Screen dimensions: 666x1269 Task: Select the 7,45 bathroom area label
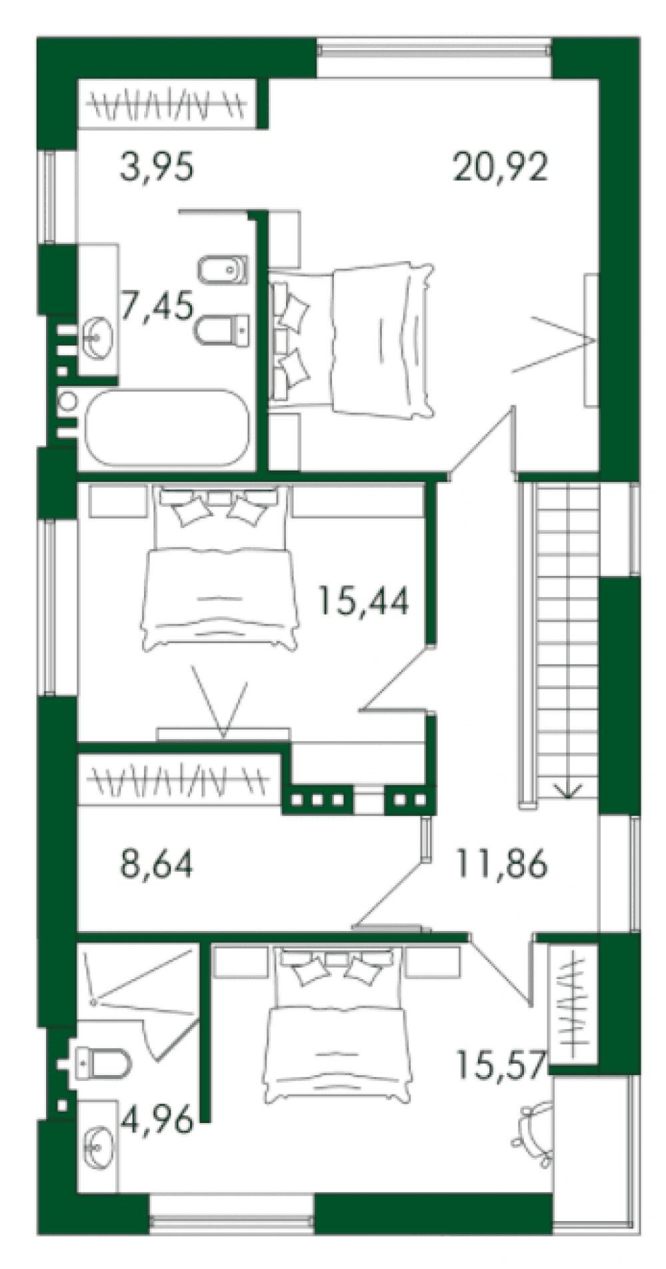click(157, 306)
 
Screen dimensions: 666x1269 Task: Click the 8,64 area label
click(156, 864)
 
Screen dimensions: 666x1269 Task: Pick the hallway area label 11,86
click(501, 864)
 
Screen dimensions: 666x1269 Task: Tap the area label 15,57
click(501, 1064)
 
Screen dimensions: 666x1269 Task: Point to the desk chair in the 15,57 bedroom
click(533, 1128)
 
